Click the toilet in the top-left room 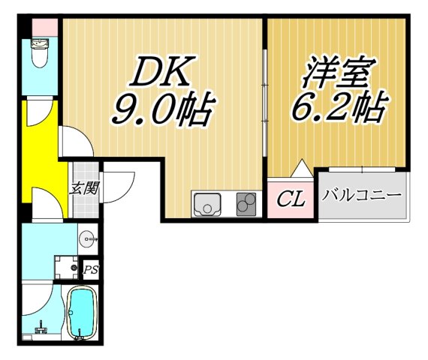pos(41,53)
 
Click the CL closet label pos(291,199)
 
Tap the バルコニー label pos(363,196)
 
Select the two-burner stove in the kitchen pos(246,204)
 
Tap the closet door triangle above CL pos(302,168)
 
